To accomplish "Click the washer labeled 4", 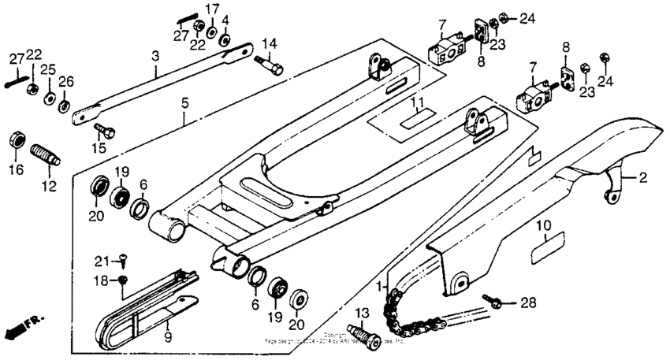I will click(225, 39).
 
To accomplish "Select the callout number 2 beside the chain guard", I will click(642, 178).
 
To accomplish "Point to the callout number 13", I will click(363, 315).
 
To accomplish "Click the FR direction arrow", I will click(24, 324).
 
